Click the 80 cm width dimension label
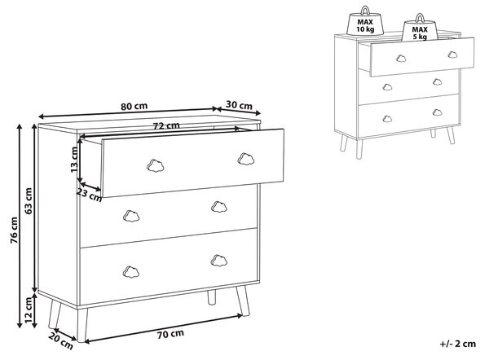pos(134,106)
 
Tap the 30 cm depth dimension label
pos(239,105)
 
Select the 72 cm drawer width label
pos(166,125)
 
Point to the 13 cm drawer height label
pos(74,160)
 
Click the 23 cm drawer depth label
pos(89,195)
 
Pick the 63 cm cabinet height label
pos(29,200)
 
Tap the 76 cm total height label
pos(14,230)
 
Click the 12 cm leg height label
pos(29,310)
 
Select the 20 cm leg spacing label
pos(61,341)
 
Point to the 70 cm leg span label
pos(170,334)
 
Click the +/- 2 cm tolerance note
pos(458,344)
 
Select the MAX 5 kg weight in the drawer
pos(420,28)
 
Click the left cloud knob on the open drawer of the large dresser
pos(156,165)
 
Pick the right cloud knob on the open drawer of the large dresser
pos(246,159)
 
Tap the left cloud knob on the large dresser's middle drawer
pos(131,216)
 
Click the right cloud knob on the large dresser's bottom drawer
pos(219,261)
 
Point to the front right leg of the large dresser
pos(243,301)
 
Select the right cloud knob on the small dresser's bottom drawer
pos(437,112)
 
